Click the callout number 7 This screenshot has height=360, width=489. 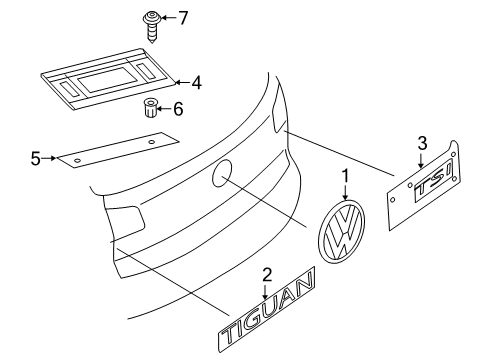183,18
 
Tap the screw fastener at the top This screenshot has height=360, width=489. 152,27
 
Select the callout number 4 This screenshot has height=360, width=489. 196,83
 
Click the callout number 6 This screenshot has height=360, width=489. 178,109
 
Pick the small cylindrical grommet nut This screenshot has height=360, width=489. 150,107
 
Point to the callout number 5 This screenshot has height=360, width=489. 36,159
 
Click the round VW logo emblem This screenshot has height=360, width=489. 342,232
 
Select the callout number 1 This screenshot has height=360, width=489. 345,176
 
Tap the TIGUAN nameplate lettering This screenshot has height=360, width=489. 267,310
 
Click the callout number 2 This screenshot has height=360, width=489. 267,275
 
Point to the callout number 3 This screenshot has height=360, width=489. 422,144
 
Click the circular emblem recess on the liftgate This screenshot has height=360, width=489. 222,173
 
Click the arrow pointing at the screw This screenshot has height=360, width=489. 169,17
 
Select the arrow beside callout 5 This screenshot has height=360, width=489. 49,158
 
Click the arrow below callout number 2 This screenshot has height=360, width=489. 265,291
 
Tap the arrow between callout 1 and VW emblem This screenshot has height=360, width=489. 345,192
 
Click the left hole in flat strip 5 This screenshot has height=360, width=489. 77,161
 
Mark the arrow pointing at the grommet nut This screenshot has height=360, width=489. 164,109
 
